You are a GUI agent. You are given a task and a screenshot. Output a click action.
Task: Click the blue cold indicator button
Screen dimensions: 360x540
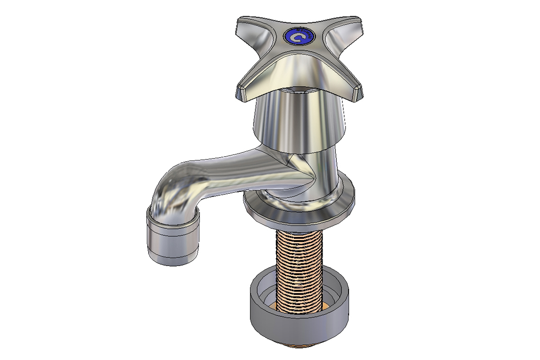point(299,36)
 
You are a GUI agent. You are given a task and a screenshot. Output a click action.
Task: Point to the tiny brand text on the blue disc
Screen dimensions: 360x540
point(306,34)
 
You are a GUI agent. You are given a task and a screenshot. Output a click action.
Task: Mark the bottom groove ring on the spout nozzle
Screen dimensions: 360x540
point(173,259)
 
